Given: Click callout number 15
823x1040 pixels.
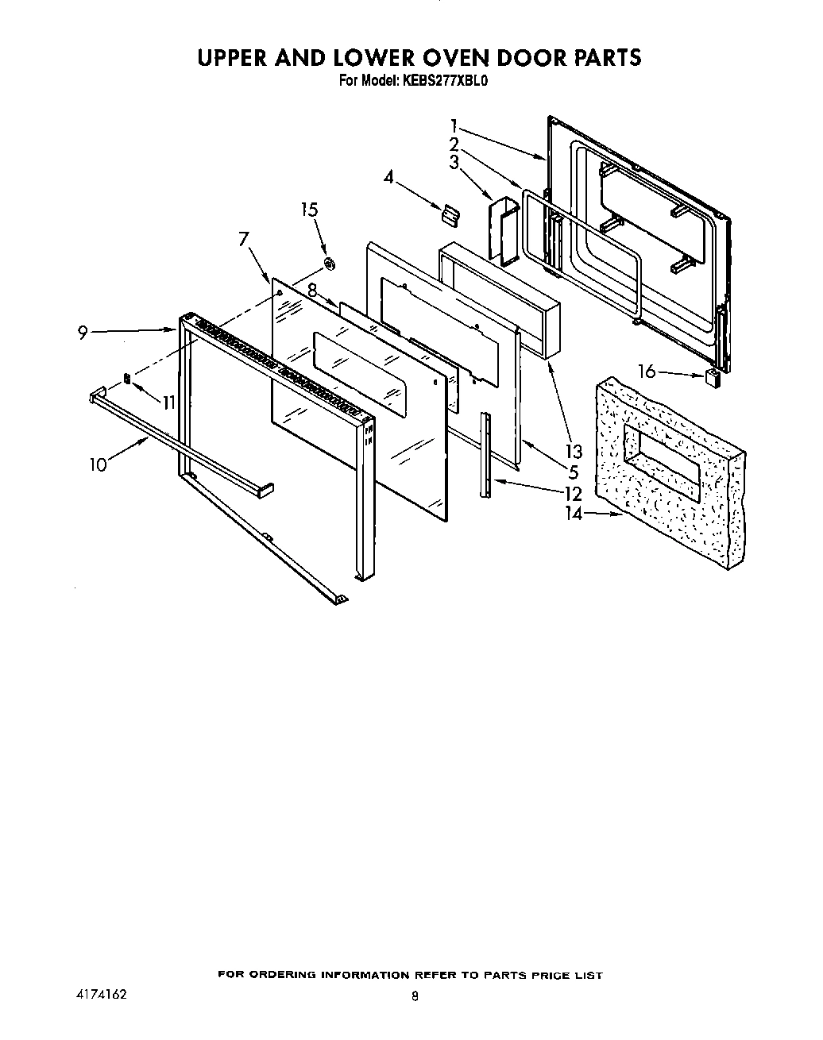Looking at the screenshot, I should pos(309,210).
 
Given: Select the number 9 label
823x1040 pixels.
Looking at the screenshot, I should pos(83,333).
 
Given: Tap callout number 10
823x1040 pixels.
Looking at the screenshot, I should pos(98,464).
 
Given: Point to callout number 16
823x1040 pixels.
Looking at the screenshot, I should pos(647,370).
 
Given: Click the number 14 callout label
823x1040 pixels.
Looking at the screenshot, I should pos(574,514).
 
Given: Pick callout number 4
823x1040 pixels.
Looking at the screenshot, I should pos(388,176).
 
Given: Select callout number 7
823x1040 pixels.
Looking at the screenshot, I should pos(245,238).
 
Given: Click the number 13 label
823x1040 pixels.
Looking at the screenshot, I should pos(574,453).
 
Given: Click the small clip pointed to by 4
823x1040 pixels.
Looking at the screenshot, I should pos(450,212).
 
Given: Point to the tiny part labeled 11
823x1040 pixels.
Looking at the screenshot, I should pos(126,378).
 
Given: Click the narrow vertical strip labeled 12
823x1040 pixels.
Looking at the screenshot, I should pos(484,455).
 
